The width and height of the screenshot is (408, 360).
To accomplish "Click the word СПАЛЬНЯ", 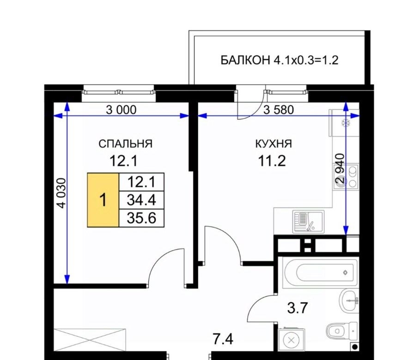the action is (x=125, y=144).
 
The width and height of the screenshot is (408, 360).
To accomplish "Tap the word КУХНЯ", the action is (x=274, y=144).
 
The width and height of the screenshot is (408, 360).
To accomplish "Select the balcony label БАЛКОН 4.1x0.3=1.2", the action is (x=280, y=60).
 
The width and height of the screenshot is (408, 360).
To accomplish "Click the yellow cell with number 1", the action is (x=103, y=200).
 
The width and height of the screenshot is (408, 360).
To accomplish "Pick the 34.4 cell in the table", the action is (x=141, y=200).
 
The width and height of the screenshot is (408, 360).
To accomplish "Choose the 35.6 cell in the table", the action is (x=141, y=218).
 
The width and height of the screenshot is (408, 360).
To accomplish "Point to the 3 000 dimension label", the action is (x=121, y=110).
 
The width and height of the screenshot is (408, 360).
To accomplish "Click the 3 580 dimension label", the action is (x=279, y=110).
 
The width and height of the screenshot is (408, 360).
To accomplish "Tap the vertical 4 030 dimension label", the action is (x=62, y=193).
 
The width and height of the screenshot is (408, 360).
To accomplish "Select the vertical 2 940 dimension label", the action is (x=340, y=168).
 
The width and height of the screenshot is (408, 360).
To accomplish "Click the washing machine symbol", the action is (x=292, y=340).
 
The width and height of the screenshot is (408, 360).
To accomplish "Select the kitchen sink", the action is (x=308, y=222).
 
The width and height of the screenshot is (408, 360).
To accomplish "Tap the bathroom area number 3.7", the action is (x=298, y=308).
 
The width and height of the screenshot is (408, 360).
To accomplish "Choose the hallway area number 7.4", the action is (x=223, y=339).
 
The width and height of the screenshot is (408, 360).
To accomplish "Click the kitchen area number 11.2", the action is (x=272, y=161).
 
